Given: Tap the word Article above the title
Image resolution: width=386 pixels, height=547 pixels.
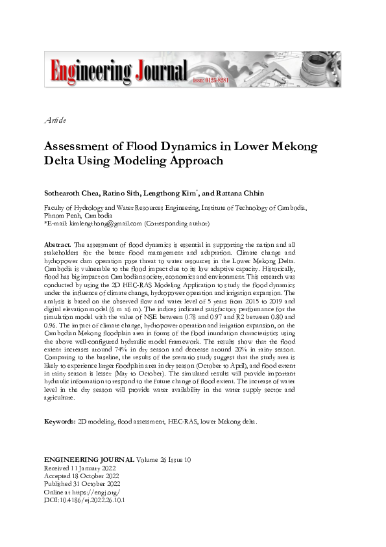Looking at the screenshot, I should pos(54,120).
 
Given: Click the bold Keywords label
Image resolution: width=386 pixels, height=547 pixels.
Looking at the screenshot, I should pos(60,422).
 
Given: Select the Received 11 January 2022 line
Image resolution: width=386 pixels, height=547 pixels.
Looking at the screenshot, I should pos(80,468).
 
